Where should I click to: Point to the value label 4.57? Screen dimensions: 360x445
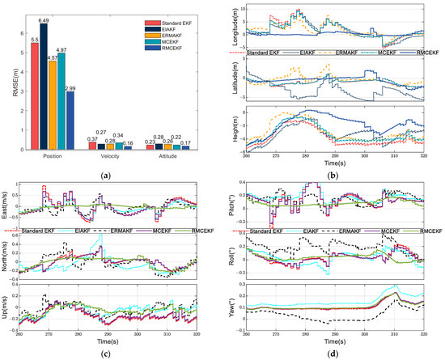coord(53,57)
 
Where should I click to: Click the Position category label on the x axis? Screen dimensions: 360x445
coord(53,159)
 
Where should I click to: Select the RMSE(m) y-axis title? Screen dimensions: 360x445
coord(13,81)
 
